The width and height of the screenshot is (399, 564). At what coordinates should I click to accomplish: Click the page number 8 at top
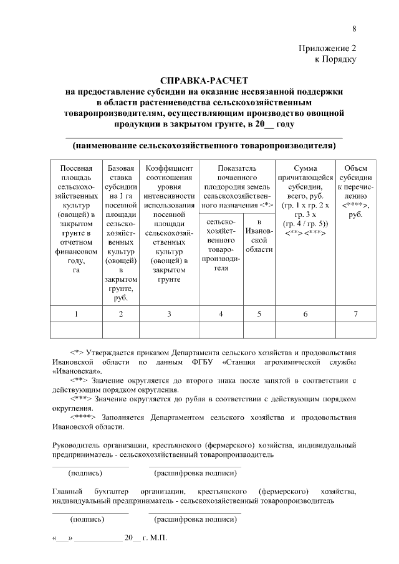(354, 29)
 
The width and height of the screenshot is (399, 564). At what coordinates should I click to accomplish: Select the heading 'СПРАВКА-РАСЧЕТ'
(204, 81)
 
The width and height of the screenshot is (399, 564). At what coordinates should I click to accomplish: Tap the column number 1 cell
(76, 314)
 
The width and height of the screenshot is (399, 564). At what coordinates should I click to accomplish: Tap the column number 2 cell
(121, 314)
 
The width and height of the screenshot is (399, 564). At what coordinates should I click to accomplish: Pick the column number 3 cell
(169, 314)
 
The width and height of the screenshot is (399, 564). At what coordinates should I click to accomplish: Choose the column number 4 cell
(221, 314)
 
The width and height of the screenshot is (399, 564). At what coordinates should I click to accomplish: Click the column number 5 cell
(259, 314)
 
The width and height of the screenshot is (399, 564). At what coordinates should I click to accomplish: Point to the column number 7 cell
(355, 314)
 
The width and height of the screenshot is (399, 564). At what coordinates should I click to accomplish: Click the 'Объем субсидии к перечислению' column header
(355, 191)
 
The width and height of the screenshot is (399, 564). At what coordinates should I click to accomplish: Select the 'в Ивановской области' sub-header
(259, 236)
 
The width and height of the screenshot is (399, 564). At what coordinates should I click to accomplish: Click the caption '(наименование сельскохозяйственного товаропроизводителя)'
(204, 146)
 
